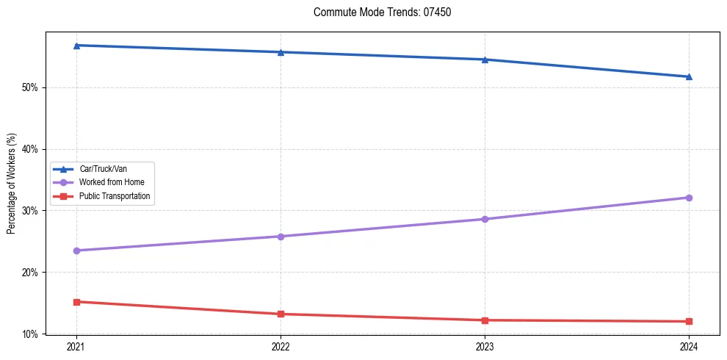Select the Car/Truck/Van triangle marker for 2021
[x=76, y=46]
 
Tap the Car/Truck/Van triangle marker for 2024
[x=689, y=76]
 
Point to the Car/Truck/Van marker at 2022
[x=281, y=52]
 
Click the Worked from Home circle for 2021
[x=76, y=251]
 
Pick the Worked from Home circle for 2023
[x=485, y=219]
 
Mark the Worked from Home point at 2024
[x=689, y=198]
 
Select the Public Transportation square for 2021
[x=76, y=302]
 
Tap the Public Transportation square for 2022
[x=281, y=314]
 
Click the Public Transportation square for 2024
[x=689, y=321]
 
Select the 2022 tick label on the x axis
[x=281, y=346]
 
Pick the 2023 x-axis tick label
[x=485, y=346]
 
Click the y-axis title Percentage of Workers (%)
[x=11, y=184]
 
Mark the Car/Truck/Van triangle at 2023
[x=485, y=60]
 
